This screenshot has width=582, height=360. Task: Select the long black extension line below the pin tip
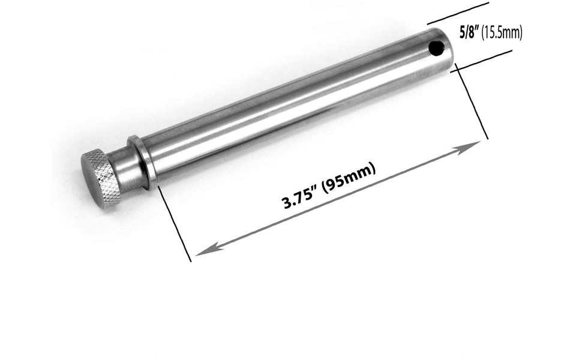pyautogui.click(x=472, y=102)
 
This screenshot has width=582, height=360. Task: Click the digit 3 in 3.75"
pyautogui.click(x=286, y=202)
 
